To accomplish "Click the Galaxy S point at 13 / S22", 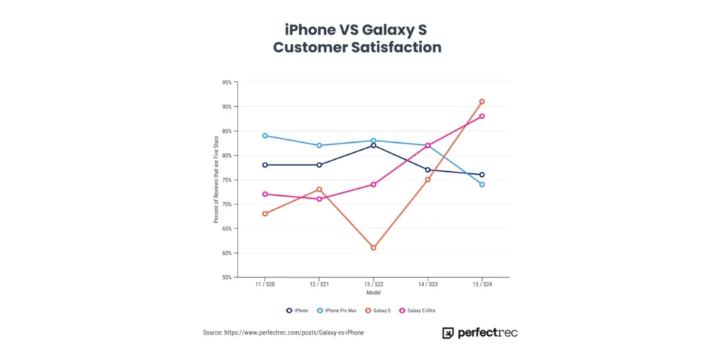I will tap(373, 248).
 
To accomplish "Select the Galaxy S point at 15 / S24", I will tap(481, 102).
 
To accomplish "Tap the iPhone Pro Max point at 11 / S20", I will tap(264, 135).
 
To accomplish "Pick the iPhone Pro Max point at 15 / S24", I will tap(481, 185).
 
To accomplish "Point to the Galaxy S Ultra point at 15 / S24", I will tap(481, 116).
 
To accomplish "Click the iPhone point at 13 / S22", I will tap(373, 145).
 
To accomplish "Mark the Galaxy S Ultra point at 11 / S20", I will tap(264, 194).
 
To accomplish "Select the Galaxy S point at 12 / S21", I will tap(319, 189).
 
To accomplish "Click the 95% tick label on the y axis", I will tap(226, 82).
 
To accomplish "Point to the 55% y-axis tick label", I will tap(226, 277).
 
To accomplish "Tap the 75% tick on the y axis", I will tap(226, 180).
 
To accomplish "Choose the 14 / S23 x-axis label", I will tap(427, 284).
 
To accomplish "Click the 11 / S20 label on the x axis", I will tap(264, 284).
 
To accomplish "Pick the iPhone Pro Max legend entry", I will tap(338, 310).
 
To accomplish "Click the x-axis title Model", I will tap(373, 292).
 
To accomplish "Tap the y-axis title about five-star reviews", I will tap(216, 180).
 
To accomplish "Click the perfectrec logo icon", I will tap(448, 332).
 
